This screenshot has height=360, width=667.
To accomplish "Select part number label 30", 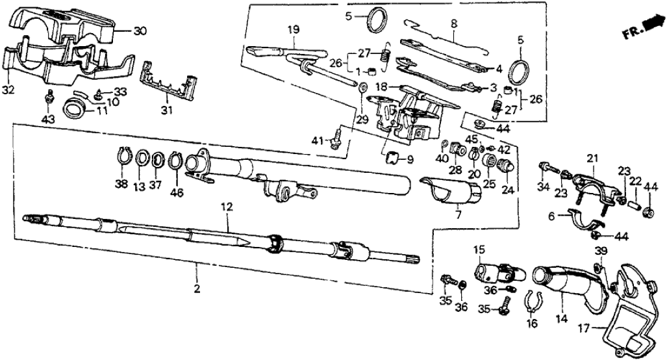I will [140, 30].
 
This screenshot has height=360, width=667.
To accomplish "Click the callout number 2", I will [196, 287].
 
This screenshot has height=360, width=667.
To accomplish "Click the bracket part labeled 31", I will [168, 84].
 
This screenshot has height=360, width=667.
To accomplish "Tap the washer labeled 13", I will [140, 159].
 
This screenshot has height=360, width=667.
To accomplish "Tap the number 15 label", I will [478, 249].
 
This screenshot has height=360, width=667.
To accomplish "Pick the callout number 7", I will [458, 214].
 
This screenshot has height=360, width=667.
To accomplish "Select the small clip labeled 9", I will [392, 157].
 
